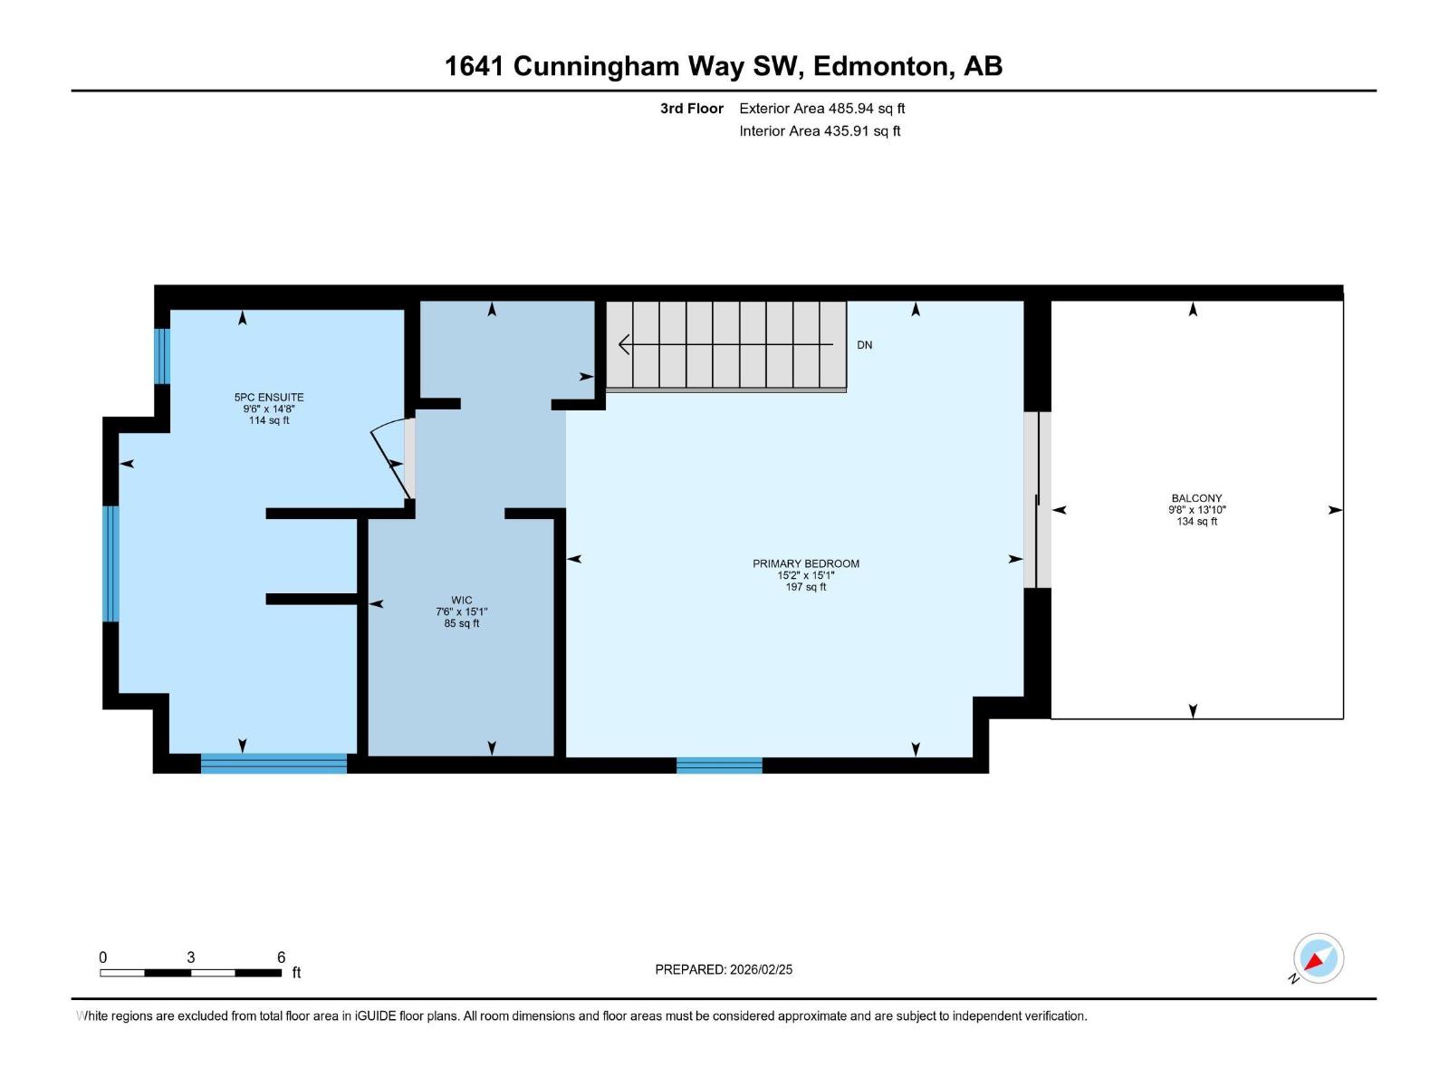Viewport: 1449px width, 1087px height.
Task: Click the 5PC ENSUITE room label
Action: [269, 398]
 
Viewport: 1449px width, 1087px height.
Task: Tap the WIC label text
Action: [462, 600]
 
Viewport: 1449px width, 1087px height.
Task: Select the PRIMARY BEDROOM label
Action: [805, 563]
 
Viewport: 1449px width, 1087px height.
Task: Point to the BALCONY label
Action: [1196, 498]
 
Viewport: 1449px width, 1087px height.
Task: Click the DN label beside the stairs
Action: [864, 345]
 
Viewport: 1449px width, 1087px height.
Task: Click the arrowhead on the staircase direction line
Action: [624, 344]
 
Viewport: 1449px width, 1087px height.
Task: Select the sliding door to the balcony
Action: [1037, 500]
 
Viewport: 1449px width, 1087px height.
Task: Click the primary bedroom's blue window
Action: [719, 765]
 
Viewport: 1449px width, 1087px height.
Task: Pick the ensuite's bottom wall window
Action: [273, 763]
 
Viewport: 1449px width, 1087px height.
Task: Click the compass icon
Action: [1318, 958]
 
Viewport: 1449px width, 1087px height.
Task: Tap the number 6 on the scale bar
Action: [281, 957]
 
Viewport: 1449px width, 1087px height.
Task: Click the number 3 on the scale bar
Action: [191, 957]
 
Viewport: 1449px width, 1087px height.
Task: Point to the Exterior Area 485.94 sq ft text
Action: [822, 108]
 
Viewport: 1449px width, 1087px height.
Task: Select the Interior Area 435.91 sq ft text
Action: [820, 130]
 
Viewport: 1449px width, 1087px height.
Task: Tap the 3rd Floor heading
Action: [691, 108]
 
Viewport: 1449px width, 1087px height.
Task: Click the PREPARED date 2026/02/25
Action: [761, 969]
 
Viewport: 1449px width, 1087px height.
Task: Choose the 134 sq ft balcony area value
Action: [1196, 522]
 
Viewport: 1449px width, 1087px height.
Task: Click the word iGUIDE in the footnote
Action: [374, 1016]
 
